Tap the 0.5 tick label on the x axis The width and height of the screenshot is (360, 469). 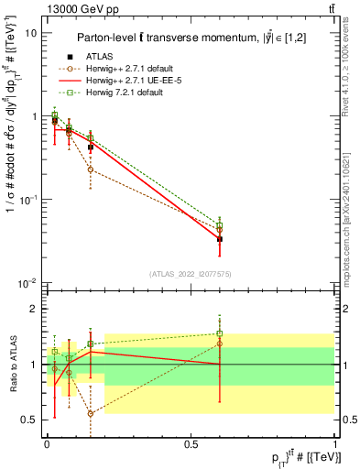[191, 443]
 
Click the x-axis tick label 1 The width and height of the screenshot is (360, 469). [334, 443]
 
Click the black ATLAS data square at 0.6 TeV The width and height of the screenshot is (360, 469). [219, 239]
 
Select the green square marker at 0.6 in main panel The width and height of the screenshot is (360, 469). [219, 224]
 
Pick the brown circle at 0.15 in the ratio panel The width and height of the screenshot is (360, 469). [90, 414]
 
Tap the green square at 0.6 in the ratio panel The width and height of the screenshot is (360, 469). [219, 333]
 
